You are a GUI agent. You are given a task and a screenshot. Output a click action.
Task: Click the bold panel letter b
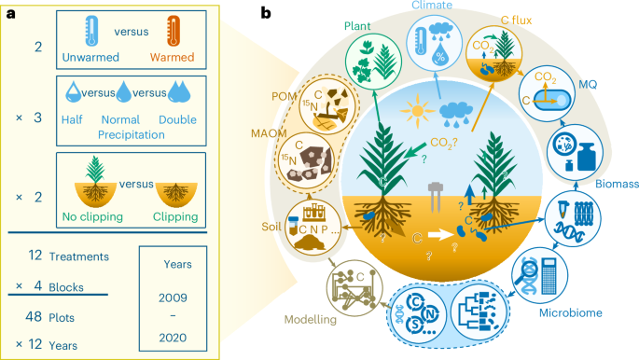click(x=266, y=14)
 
